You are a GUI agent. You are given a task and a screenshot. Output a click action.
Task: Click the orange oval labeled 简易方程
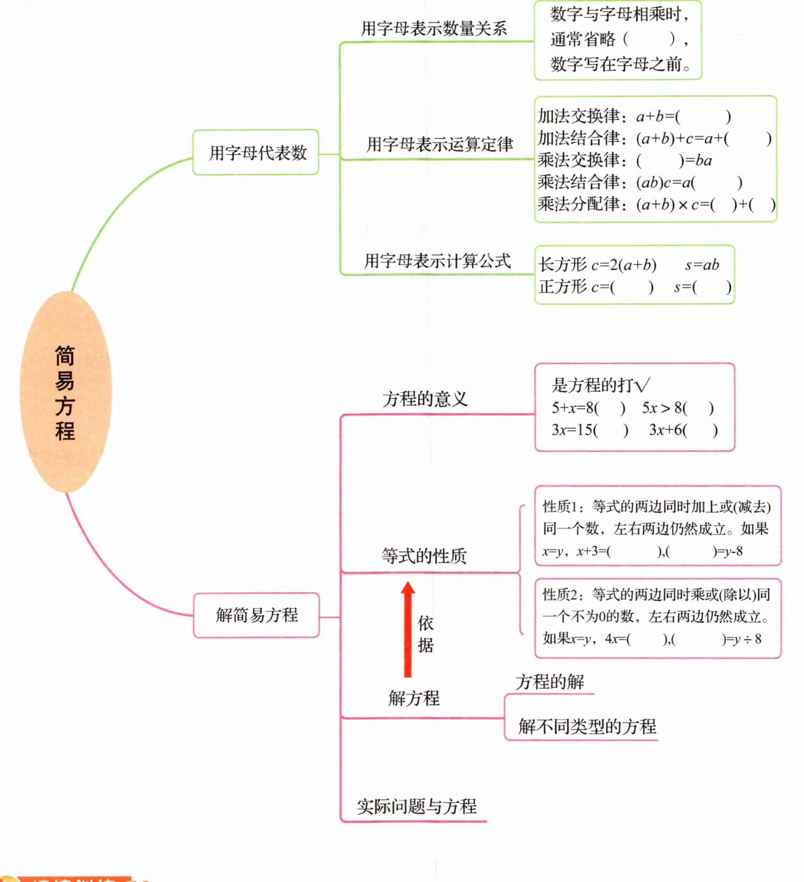coord(66,392)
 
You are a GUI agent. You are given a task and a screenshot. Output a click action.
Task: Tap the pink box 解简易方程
coord(256,615)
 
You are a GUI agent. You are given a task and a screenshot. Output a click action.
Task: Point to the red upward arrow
coord(408,629)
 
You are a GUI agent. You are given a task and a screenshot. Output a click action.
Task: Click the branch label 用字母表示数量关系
coord(434,29)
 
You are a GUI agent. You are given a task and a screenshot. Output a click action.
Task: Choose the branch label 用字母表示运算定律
coord(440,144)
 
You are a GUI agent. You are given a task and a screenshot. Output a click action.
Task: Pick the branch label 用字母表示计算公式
coord(437,261)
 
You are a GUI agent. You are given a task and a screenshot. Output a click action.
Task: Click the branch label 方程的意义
coord(425,399)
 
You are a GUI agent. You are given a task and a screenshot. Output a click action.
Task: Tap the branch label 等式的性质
coord(424,556)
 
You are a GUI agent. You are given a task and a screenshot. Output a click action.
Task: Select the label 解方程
coord(414,698)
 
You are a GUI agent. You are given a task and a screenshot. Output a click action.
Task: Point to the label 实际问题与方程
coord(417,807)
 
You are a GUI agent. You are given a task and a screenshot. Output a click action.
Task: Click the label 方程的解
coord(550,681)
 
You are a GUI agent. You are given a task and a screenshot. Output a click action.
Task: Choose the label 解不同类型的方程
coord(587,726)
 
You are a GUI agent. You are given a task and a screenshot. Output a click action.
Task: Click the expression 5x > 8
coord(664,408)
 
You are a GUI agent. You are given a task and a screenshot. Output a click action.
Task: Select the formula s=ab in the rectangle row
coord(702,265)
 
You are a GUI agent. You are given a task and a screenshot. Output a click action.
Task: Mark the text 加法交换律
coord(579,116)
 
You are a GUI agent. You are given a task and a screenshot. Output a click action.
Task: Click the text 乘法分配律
coord(579,204)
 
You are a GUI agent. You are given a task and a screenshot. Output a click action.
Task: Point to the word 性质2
coord(560,595)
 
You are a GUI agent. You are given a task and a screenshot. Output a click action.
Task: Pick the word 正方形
coord(563,286)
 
